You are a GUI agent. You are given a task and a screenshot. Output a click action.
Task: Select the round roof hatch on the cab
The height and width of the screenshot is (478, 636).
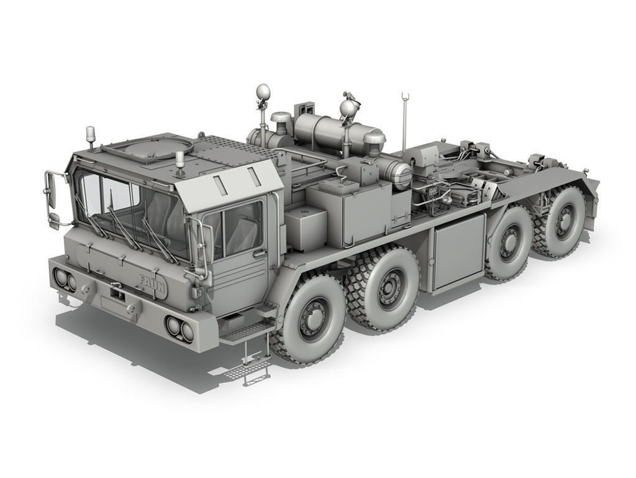tap(140, 149)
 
